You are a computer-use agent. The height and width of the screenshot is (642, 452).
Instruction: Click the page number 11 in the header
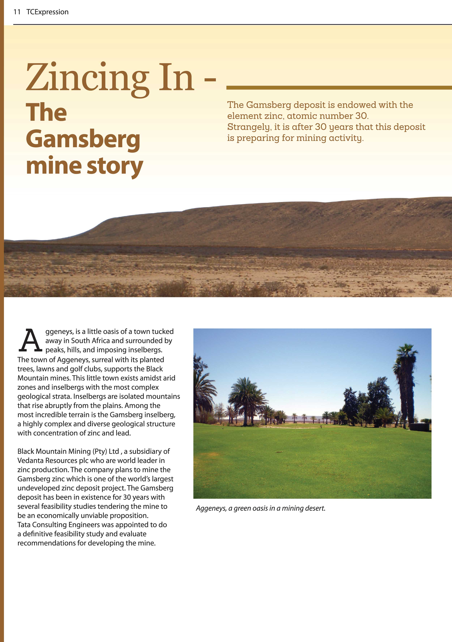pyautogui.click(x=17, y=12)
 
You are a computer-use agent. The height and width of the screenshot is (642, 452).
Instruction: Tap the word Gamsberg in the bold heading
pyautogui.click(x=83, y=139)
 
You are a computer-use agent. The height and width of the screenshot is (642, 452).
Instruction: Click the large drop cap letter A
pyautogui.click(x=30, y=341)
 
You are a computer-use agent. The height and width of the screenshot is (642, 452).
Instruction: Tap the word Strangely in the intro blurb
pyautogui.click(x=249, y=127)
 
